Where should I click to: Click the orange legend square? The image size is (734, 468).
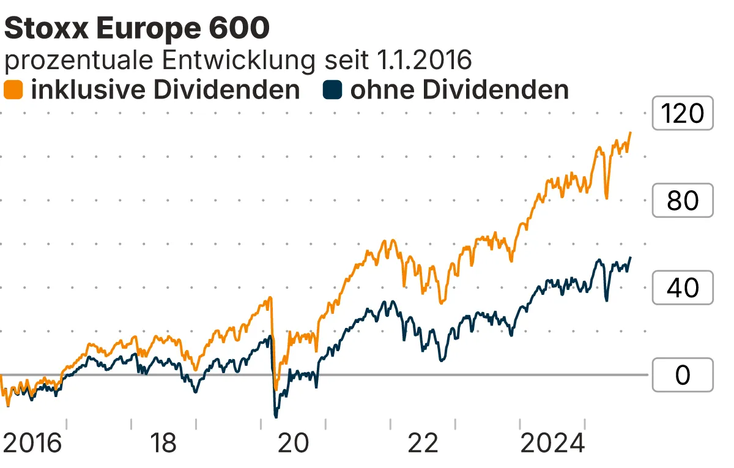(x=13, y=90)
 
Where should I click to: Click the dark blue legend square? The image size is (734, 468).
(x=332, y=90)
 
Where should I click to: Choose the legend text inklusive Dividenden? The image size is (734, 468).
(x=165, y=90)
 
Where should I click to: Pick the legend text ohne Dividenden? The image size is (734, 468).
(x=459, y=90)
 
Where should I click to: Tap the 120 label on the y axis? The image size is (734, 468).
(x=683, y=113)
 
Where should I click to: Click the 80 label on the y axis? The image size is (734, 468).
(x=683, y=200)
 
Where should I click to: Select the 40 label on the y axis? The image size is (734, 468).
(x=683, y=287)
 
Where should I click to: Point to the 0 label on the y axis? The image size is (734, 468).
(x=683, y=374)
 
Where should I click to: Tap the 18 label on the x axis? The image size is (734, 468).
(x=163, y=444)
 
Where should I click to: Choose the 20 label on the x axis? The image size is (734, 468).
(x=293, y=444)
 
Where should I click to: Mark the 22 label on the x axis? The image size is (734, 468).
(x=423, y=444)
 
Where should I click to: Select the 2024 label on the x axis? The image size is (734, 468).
(x=552, y=444)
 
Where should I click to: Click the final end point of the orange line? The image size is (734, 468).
(x=631, y=132)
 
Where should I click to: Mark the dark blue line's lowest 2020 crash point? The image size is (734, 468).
(x=276, y=417)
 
